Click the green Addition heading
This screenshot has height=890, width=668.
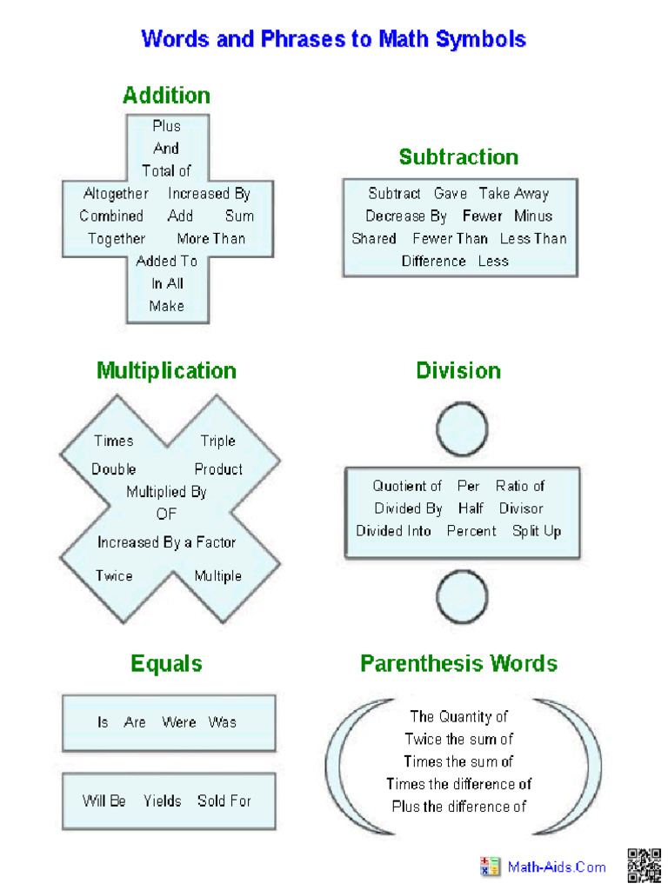[x=166, y=95]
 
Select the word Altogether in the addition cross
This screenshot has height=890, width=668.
[x=116, y=194]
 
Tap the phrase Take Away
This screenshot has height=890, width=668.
[x=514, y=194]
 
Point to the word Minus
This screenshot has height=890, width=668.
[x=533, y=216]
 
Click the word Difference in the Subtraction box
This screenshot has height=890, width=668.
[x=434, y=261]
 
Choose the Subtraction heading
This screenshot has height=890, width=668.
[x=458, y=157]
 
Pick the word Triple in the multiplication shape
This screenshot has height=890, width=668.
[x=217, y=441]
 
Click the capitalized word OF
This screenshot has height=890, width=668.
[x=166, y=514]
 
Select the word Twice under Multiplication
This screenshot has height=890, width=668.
[x=114, y=575]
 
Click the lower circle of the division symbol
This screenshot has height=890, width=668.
[x=462, y=598]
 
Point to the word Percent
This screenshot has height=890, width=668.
[x=471, y=531]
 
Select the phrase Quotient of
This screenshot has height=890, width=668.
[x=407, y=486]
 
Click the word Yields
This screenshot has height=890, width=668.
[x=163, y=800]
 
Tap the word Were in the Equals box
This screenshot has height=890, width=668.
[x=179, y=722]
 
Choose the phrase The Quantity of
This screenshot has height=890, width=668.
[x=459, y=717]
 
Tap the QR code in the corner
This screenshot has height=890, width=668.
[x=645, y=866]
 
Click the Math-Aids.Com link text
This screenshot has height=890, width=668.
[x=557, y=867]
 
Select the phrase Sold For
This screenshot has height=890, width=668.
[x=224, y=800]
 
